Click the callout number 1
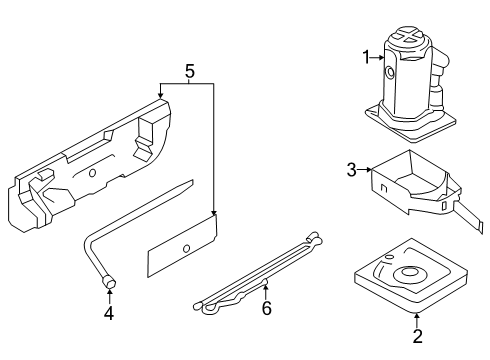[x=366, y=57]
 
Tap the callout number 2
[x=417, y=336]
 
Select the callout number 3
[x=352, y=170]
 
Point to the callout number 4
[x=109, y=313]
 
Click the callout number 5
[x=190, y=71]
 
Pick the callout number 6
[x=266, y=308]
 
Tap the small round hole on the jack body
[x=389, y=71]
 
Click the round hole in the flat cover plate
[x=187, y=248]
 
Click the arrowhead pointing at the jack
[x=381, y=58]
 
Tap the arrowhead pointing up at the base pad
[x=417, y=314]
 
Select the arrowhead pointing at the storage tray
[x=368, y=170]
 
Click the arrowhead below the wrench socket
[x=109, y=293]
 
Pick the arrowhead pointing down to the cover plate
[x=214, y=213]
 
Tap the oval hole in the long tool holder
[x=92, y=173]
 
